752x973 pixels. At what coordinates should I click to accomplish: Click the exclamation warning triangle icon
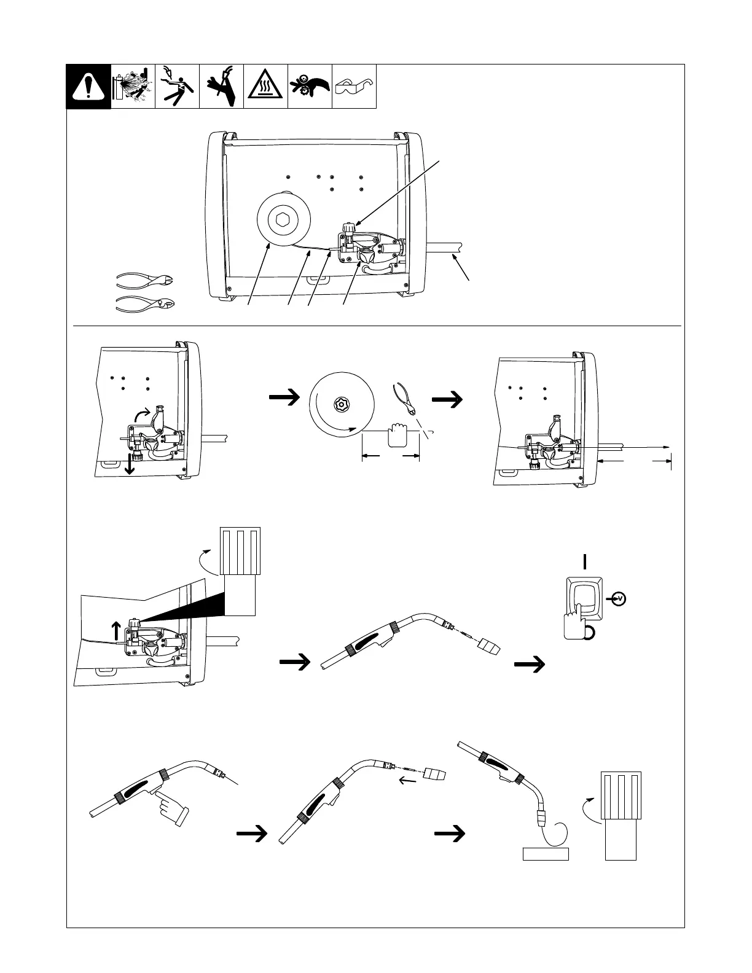click(88, 87)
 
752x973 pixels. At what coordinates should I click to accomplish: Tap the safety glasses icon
click(354, 87)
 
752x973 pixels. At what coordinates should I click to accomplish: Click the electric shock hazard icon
click(177, 87)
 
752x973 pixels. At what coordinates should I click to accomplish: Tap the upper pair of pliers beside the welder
click(145, 280)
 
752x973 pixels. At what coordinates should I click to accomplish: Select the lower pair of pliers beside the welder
click(145, 303)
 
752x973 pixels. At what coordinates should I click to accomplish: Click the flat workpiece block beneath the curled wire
click(546, 854)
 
